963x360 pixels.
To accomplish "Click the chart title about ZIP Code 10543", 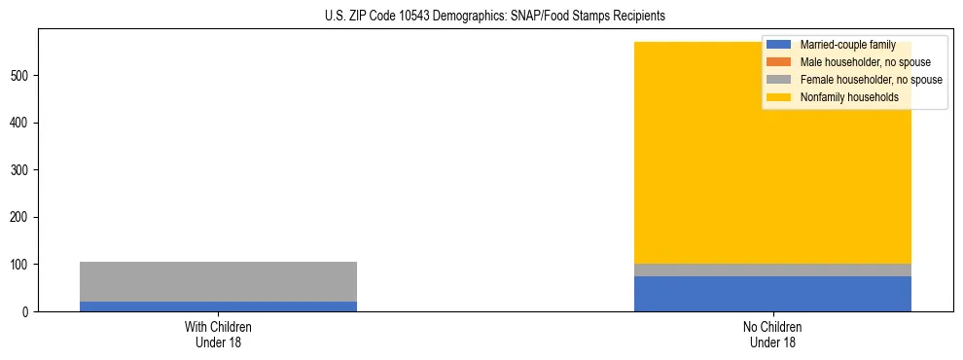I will click(x=495, y=16).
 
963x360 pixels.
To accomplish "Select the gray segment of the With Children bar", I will click(x=218, y=281).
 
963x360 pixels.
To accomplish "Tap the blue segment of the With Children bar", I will click(x=218, y=306).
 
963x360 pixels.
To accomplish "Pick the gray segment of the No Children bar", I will click(x=772, y=270).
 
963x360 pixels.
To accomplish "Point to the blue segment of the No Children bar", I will click(x=772, y=294).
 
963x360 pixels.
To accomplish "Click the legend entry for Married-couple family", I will click(x=847, y=45).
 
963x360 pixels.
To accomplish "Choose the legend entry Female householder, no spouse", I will click(x=871, y=80).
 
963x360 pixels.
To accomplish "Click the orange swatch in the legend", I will click(x=779, y=62).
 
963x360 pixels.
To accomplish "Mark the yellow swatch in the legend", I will click(x=779, y=97).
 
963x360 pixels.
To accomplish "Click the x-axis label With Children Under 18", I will click(x=218, y=335).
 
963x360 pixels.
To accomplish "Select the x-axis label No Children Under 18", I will click(x=772, y=335).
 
